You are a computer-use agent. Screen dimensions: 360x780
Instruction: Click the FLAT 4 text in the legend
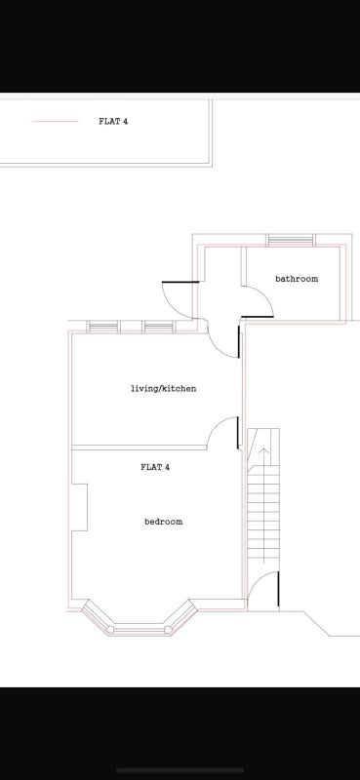pos(113,121)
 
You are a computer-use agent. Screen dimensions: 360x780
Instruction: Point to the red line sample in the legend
pos(56,121)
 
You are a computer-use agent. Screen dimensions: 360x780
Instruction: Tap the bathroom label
pos(297,279)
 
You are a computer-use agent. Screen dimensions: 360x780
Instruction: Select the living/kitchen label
pos(163,388)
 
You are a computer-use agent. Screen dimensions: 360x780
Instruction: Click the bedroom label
pos(163,522)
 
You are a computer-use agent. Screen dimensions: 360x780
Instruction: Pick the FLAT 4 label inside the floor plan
pos(155,467)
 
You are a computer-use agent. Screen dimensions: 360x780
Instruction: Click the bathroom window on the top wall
pos(291,240)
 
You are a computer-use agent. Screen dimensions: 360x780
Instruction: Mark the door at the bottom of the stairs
pos(263,590)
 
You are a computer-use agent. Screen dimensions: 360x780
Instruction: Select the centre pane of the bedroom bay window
pos(139,629)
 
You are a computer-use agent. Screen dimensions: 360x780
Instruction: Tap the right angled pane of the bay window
pos(181,617)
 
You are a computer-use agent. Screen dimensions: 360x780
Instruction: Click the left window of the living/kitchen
pos(103,327)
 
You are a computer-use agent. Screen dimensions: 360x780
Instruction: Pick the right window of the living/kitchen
pos(159,327)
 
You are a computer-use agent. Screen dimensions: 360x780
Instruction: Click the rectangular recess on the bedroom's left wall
pos(80,507)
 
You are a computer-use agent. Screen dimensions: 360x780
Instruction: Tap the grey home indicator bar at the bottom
pos(180,770)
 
